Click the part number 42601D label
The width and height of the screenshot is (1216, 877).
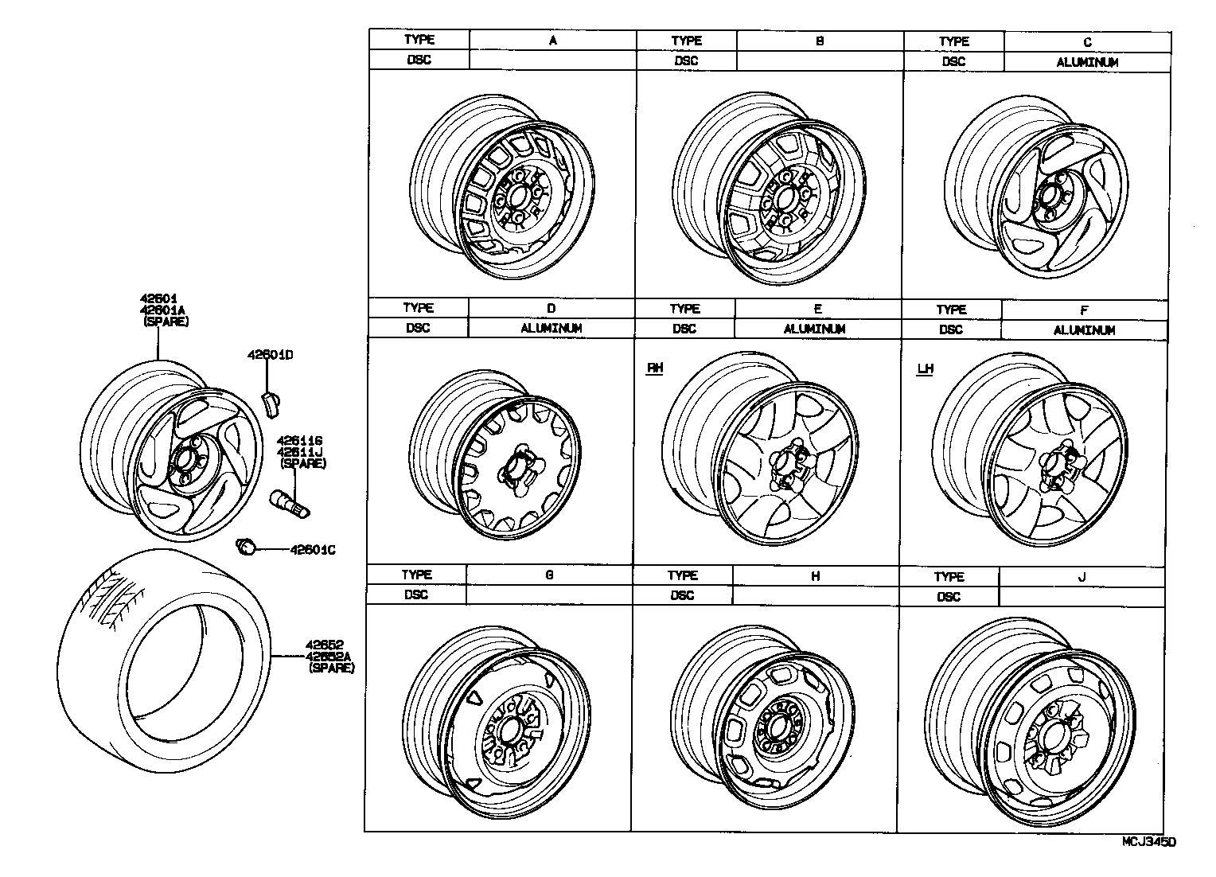coord(269,355)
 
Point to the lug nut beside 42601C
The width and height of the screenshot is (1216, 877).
coord(247,546)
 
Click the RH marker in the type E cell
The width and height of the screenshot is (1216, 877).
coord(655,368)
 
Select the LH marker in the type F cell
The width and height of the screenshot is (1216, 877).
coord(925,368)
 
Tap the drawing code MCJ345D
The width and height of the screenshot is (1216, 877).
coord(1148,841)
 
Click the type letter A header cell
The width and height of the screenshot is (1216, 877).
coord(552,40)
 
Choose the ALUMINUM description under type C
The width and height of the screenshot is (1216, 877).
coord(1087,62)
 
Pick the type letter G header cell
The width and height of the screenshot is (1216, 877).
coord(549,575)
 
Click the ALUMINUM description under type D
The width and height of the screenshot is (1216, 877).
coord(551,328)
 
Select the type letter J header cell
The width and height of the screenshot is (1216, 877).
coord(1081,577)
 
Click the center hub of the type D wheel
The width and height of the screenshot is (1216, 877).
coord(516,468)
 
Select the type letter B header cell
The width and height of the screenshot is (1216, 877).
coord(820,40)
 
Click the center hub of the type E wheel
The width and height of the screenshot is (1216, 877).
coord(787,466)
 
